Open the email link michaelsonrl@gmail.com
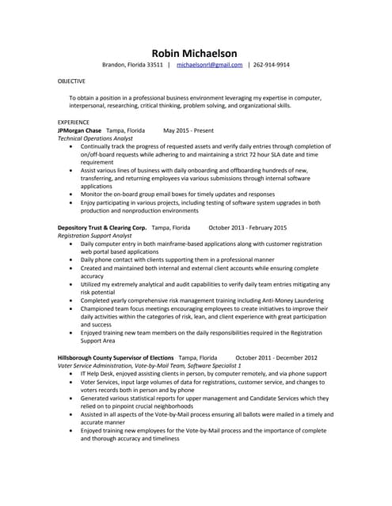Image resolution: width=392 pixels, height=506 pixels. pos(209,65)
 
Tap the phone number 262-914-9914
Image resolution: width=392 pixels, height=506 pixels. pos(272,65)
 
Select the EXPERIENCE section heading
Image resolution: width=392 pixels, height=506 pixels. pos(74,122)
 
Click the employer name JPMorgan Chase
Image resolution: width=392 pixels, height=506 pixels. pos(79,130)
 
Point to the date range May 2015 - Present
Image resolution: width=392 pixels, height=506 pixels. pos(188,130)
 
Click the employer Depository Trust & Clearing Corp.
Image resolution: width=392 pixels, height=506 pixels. pos(101,228)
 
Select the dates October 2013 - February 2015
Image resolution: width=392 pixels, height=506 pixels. pos(247,228)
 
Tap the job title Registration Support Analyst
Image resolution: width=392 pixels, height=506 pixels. pos(95,236)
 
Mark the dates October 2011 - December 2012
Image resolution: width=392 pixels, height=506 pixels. pos(276,357)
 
